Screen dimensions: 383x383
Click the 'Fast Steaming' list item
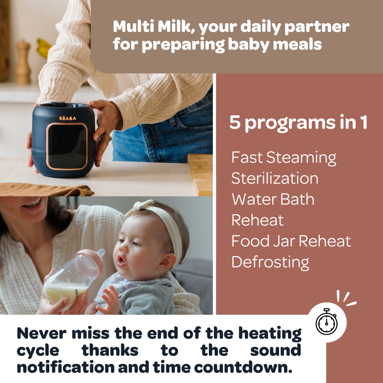pyautogui.click(x=284, y=158)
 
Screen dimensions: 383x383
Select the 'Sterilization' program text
pyautogui.click(x=275, y=178)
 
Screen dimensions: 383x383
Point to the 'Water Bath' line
pyautogui.click(x=273, y=199)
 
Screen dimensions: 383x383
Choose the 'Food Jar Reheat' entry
pyautogui.click(x=291, y=241)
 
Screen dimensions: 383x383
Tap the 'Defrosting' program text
pyautogui.click(x=270, y=262)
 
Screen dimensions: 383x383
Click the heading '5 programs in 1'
pyautogui.click(x=298, y=123)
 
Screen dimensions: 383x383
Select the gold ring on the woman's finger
pyautogui.click(x=106, y=136)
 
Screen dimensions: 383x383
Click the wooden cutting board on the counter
pyautogui.click(x=201, y=174)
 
